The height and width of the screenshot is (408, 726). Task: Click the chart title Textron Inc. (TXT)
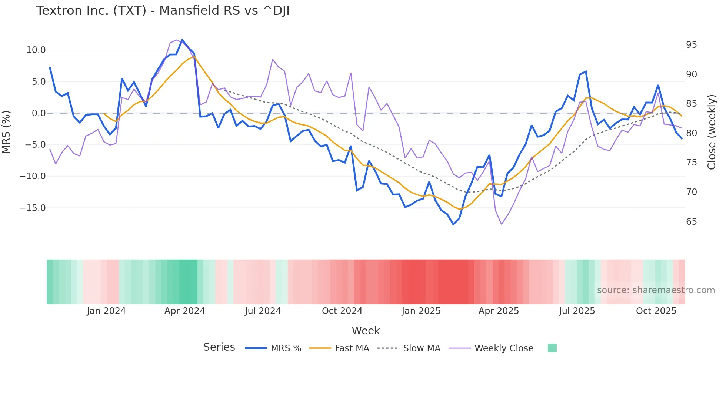(163, 11)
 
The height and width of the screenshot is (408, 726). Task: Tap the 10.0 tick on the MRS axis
(36, 50)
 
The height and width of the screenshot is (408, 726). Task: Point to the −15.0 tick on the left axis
(33, 208)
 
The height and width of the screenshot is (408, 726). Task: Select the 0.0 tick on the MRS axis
(39, 113)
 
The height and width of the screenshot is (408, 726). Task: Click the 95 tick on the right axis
(691, 45)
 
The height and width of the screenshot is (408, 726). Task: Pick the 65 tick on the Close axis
(691, 222)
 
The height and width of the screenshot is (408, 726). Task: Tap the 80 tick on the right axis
(691, 133)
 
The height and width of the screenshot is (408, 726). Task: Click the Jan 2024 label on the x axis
(106, 311)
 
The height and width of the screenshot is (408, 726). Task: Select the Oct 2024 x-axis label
(342, 311)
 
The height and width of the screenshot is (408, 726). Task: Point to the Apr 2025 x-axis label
(499, 311)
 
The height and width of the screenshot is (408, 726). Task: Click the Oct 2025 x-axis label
(656, 311)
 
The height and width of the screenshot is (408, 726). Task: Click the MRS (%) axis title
(6, 132)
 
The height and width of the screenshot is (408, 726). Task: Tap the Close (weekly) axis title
(711, 132)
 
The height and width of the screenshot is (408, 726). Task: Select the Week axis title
(366, 331)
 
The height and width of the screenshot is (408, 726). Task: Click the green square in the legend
(552, 348)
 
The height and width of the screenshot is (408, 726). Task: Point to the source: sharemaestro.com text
(656, 290)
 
